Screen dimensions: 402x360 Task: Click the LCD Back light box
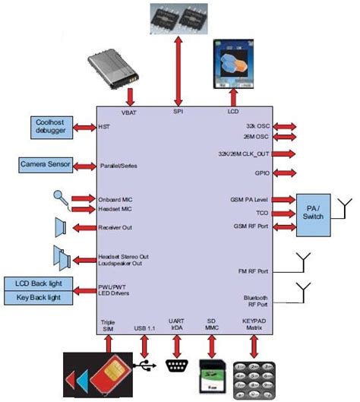(x=39, y=284)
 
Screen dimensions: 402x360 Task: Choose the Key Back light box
(x=39, y=297)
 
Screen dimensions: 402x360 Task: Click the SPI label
(x=178, y=111)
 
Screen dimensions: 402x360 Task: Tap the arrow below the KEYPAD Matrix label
(x=254, y=343)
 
